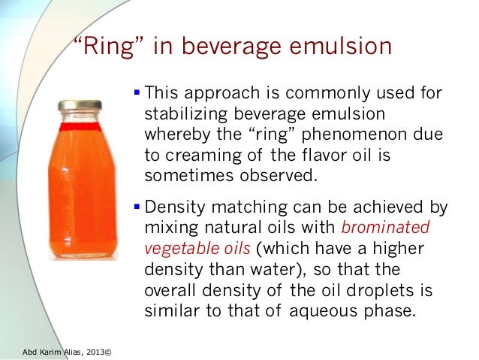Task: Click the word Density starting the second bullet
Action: (173, 205)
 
